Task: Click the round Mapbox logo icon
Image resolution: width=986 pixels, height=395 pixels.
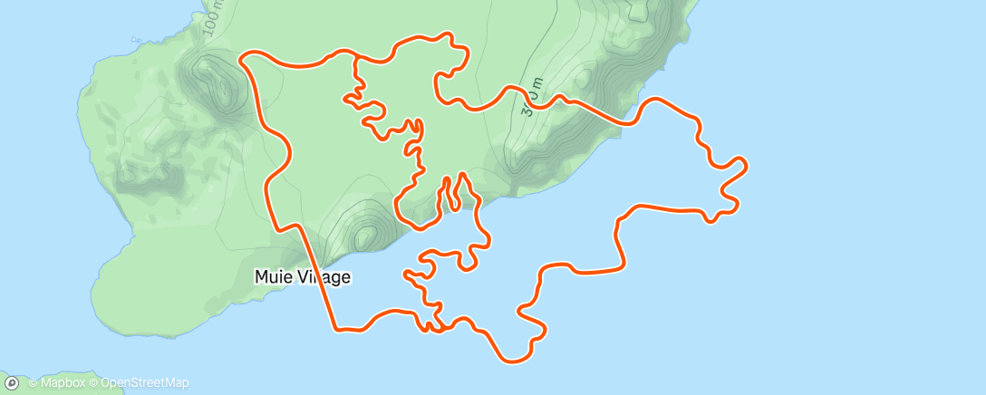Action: (12, 383)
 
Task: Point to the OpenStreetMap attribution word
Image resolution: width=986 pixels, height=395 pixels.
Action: (145, 383)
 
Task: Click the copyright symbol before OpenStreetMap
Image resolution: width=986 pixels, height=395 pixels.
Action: (93, 383)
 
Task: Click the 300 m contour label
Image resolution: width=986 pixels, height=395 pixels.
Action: (531, 100)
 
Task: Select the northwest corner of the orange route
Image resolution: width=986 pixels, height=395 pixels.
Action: (243, 58)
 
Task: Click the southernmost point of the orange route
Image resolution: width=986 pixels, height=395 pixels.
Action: (513, 361)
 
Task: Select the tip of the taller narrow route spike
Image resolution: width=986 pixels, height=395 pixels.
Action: (462, 173)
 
